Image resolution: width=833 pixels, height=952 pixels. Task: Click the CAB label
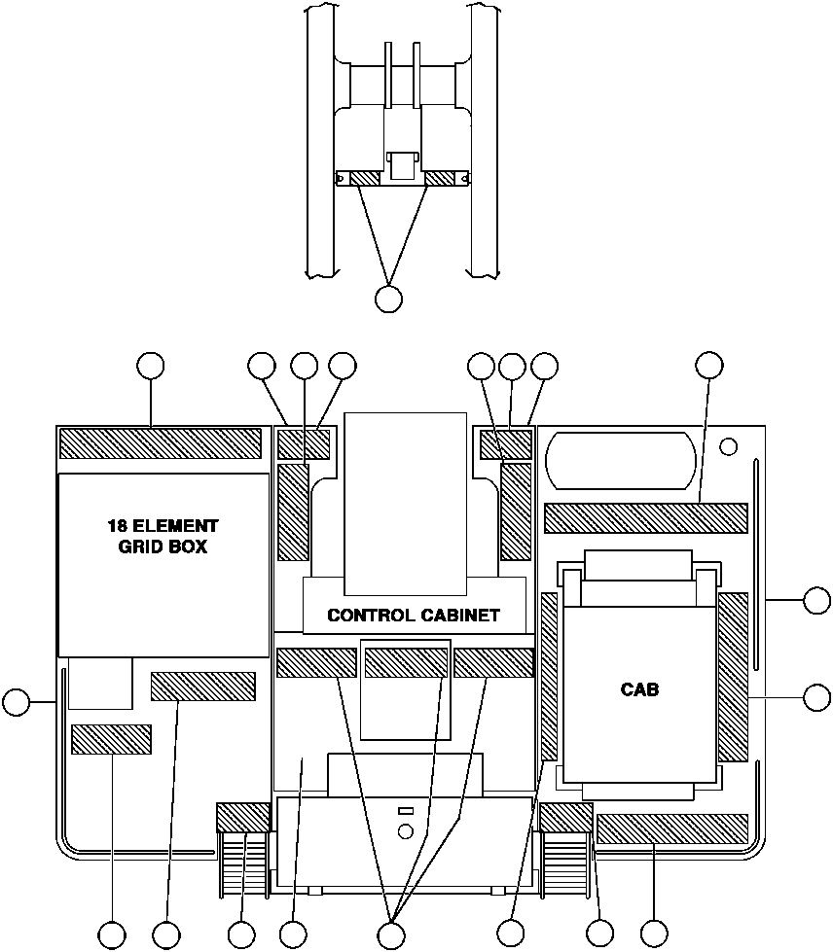pos(639,690)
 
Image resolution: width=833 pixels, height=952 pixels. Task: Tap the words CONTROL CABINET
pos(414,616)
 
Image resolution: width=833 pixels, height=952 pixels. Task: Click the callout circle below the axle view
pos(388,299)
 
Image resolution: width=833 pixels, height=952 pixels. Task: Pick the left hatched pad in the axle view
pos(368,178)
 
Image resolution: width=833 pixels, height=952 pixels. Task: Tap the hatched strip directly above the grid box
pos(161,443)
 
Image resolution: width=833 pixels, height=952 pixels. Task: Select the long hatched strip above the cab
pos(645,517)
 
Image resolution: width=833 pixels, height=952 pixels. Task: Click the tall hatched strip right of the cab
pos(733,677)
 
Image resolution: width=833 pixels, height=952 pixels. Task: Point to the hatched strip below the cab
pos(671,829)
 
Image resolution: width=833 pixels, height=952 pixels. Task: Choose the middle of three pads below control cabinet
pos(406,662)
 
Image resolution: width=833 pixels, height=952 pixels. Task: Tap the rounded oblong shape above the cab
pos(621,459)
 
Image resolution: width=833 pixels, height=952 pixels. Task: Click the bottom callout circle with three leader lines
pos(390,935)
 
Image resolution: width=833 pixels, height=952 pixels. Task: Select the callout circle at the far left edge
pos(17,701)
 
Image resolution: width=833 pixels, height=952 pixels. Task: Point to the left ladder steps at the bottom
pos(242,865)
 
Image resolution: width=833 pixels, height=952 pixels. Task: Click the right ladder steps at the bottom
pos(566,865)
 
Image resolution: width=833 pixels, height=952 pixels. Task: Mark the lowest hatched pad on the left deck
pos(111,739)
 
